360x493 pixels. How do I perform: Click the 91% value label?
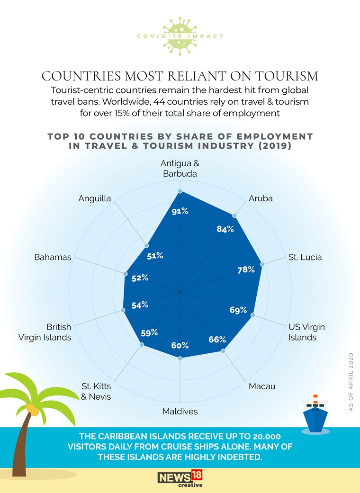pos(180,211)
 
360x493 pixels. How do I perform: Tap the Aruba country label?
pos(261,199)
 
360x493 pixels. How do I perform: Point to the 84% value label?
pos(225,229)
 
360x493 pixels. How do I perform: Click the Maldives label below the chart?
pos(180,412)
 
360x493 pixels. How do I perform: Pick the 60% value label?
pos(180,345)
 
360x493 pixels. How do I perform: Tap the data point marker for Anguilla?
pos(146,245)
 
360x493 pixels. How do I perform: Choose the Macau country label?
pos(262,386)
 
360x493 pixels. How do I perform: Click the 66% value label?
pos(217,340)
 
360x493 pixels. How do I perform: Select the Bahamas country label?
pos(53,257)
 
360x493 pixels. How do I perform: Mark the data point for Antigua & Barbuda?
pos(180,191)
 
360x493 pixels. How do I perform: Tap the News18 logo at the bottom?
pos(180,479)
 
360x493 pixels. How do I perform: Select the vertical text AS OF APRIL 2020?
pos(351,382)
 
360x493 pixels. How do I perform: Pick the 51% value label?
pos(155,256)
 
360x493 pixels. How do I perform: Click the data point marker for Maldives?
pos(180,359)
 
